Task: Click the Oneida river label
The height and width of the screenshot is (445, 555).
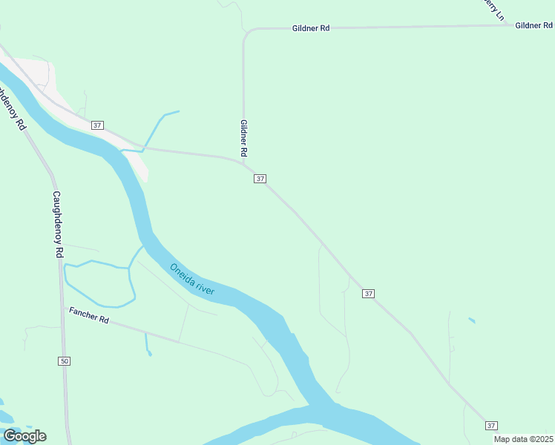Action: (191, 280)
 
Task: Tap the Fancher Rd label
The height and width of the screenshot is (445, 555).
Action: (89, 316)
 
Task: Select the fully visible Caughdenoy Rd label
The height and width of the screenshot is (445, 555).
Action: (58, 224)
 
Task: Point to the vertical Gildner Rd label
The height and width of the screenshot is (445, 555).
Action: (243, 138)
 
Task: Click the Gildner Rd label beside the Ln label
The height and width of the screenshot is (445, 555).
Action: (534, 25)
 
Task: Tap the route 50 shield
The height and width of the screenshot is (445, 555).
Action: (64, 361)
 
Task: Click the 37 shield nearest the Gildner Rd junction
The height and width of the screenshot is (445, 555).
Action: (260, 179)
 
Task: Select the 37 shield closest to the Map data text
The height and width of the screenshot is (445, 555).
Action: (491, 425)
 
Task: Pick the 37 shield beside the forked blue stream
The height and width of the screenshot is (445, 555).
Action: (97, 125)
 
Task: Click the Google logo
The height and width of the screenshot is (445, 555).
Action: (24, 436)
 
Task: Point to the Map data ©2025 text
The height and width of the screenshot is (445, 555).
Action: (523, 439)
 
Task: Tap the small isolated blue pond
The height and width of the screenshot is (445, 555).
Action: (472, 321)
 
